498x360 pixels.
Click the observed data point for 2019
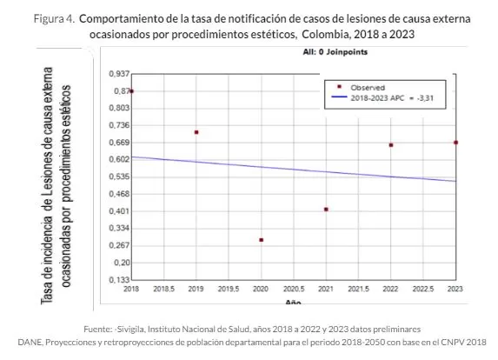pos(196,132)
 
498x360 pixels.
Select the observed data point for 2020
pos(261,240)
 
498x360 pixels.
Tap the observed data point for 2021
pos(326,210)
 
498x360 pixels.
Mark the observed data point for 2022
pos(391,145)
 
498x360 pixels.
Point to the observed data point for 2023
pos(455,143)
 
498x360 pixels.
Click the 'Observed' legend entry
pos(362,88)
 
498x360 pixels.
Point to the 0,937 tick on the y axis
pos(118,73)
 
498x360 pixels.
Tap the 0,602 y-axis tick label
pos(118,159)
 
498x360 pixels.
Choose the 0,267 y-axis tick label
pos(118,245)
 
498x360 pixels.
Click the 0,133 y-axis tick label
pos(118,279)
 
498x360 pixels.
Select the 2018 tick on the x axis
pos(131,288)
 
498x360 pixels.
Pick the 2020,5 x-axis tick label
pos(293,288)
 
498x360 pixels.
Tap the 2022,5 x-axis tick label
pos(422,288)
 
